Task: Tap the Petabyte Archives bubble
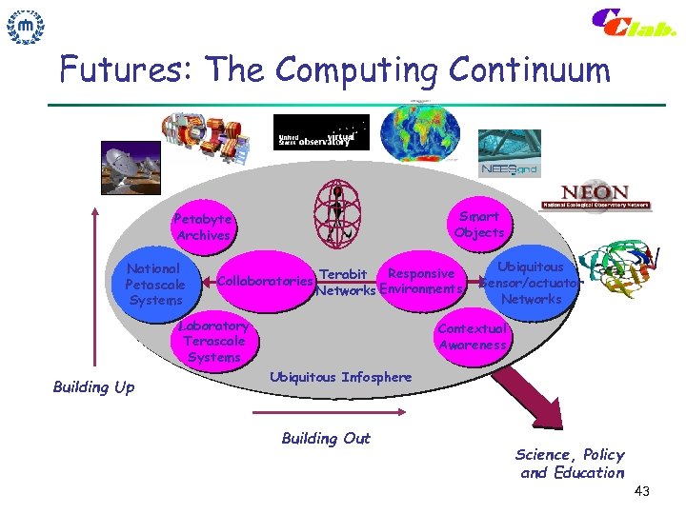(x=203, y=227)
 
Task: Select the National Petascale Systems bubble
(x=154, y=284)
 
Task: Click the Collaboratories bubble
(x=265, y=282)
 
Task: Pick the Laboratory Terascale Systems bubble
(x=214, y=341)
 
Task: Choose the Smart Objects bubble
(x=478, y=225)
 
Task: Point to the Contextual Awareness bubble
(x=473, y=337)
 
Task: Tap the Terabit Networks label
(x=344, y=283)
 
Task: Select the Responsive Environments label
(x=421, y=282)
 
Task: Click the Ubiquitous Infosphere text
(x=340, y=377)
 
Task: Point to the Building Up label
(x=93, y=387)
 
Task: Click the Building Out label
(x=325, y=438)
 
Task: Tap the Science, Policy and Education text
(x=571, y=464)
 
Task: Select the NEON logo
(x=595, y=196)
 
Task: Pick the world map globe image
(x=419, y=131)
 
